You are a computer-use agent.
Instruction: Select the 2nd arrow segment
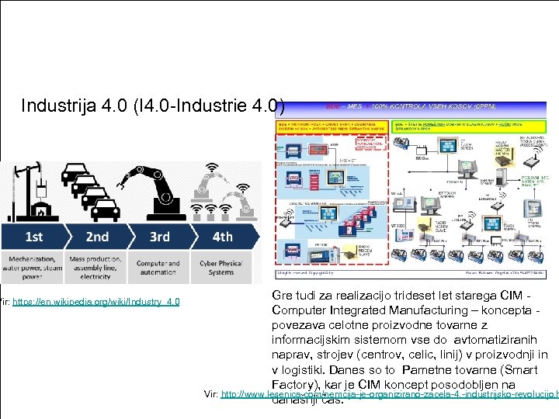point(97,237)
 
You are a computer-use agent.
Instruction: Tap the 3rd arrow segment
point(160,237)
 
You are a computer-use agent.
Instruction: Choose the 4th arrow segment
point(222,237)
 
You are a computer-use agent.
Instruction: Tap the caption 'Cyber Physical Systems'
point(220,268)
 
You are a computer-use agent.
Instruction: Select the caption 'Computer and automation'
point(158,268)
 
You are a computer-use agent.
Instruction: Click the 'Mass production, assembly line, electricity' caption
point(96,268)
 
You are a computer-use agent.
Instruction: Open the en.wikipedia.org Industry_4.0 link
point(96,301)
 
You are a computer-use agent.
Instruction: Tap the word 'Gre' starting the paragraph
point(283,296)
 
